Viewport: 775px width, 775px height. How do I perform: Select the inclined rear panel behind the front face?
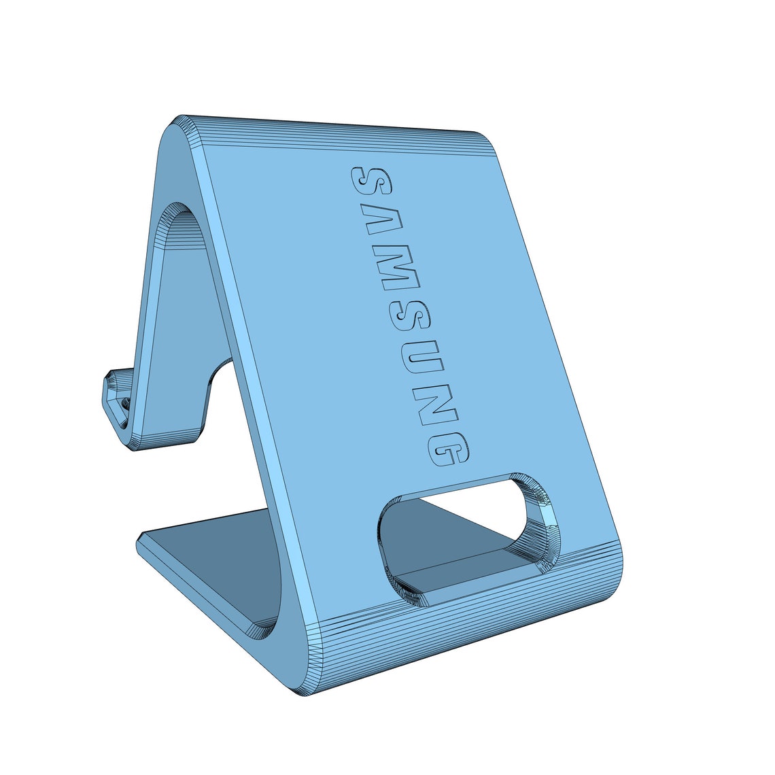[x=170, y=340]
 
